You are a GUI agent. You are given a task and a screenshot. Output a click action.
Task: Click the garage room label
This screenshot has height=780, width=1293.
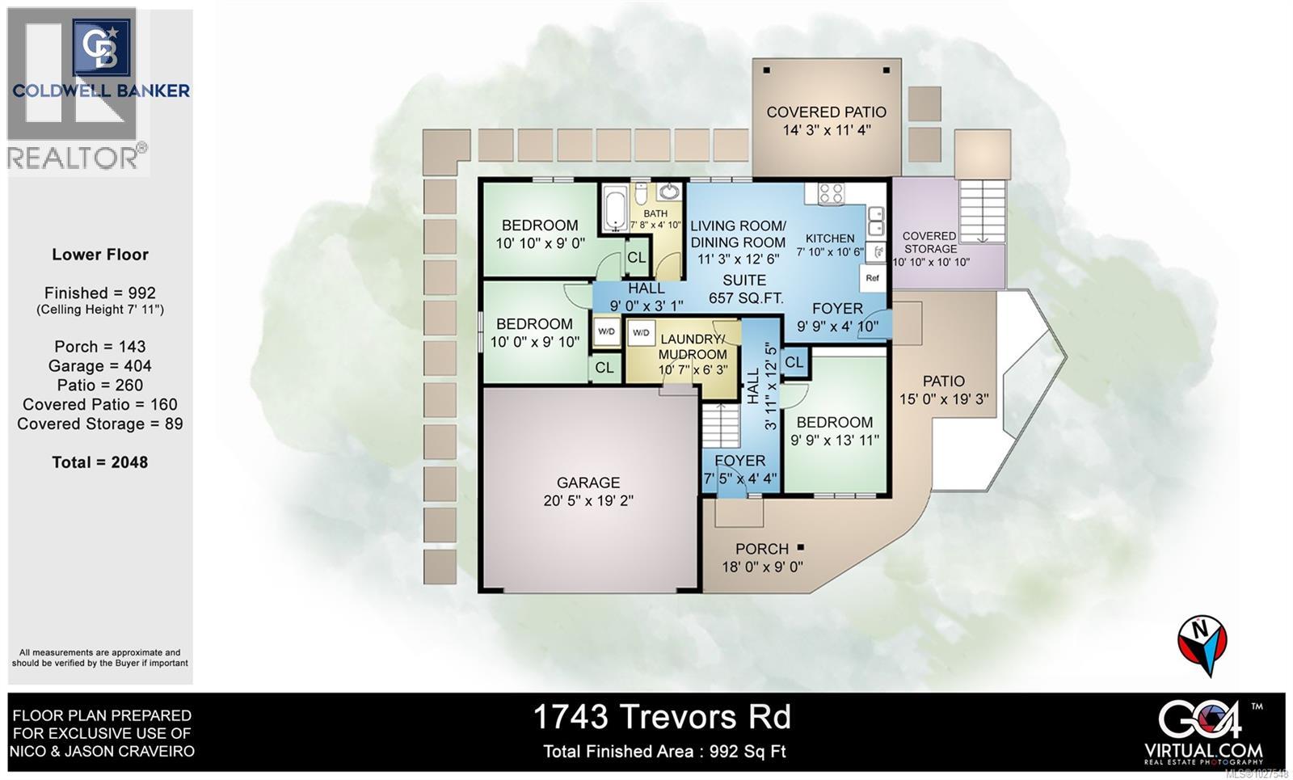(x=588, y=483)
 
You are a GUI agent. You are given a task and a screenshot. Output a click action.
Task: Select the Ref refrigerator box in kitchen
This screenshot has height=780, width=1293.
(x=872, y=278)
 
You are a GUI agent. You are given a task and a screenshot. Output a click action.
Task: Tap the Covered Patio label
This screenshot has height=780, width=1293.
(x=826, y=112)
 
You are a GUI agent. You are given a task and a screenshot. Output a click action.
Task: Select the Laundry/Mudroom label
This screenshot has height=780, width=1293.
(x=693, y=347)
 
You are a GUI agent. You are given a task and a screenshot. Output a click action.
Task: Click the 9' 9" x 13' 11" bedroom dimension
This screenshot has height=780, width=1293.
(x=834, y=441)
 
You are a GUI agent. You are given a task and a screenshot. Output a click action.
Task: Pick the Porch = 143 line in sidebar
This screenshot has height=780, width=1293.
(x=100, y=346)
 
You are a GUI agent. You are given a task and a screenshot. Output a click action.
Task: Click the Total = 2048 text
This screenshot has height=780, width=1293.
(x=100, y=462)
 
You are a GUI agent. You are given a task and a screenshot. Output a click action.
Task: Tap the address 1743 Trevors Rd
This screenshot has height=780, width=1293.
(x=662, y=716)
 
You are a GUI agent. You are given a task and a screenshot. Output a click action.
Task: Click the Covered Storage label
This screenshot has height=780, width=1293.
(x=930, y=242)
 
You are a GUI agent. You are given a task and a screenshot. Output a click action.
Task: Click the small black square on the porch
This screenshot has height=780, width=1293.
(x=801, y=547)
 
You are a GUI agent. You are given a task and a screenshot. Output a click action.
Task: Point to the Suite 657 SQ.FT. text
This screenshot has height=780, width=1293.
(x=745, y=289)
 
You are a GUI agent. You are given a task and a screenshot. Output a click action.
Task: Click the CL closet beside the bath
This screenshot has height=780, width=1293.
(x=637, y=257)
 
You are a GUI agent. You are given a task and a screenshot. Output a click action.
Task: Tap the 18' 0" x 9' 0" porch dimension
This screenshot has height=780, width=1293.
(x=762, y=567)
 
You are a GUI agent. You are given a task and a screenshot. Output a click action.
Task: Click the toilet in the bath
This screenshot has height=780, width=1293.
(x=641, y=196)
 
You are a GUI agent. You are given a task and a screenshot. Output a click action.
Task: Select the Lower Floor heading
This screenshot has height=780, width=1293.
(x=100, y=255)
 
